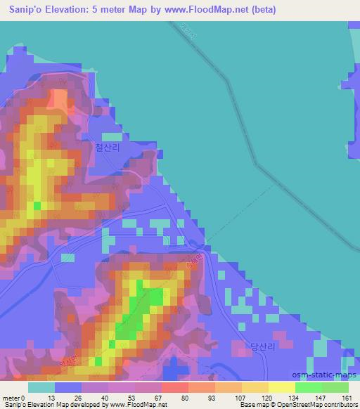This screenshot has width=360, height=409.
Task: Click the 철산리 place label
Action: click(x=108, y=148)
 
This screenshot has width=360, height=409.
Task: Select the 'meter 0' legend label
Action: click(x=13, y=397)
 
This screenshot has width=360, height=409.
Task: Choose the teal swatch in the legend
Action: click(x=41, y=387)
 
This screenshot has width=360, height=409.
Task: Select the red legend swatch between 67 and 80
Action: click(x=174, y=387)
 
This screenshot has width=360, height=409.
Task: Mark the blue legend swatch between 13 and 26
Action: click(x=68, y=387)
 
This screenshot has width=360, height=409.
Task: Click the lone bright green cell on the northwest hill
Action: click(x=37, y=206)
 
